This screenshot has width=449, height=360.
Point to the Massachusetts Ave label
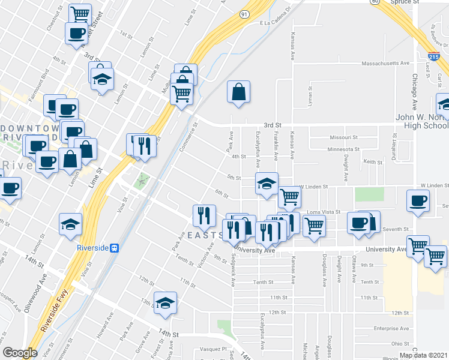(x=385, y=63)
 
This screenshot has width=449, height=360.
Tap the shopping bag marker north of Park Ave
(x=238, y=92)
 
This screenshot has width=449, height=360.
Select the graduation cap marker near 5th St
(x=267, y=183)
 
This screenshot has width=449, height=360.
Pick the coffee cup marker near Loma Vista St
(x=418, y=202)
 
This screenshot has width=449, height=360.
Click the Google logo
(x=20, y=353)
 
